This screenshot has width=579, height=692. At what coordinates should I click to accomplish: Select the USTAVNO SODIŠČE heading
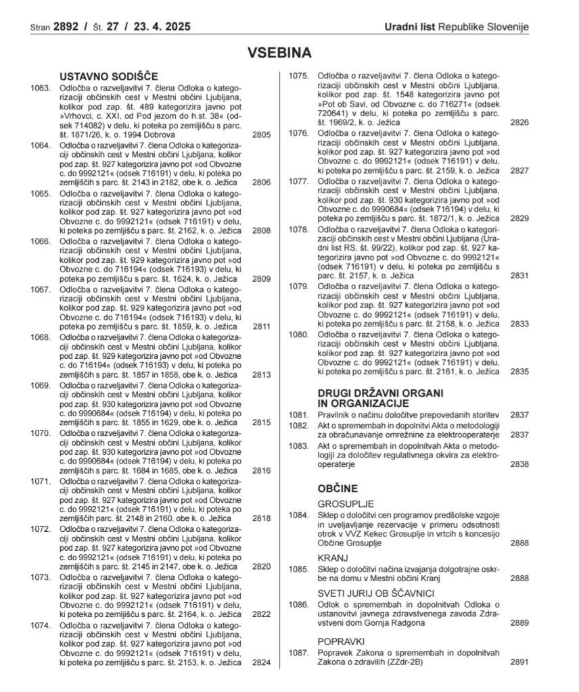point(108,76)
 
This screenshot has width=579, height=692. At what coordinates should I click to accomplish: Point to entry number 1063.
point(41,88)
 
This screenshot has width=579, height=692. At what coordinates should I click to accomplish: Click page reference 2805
point(261,135)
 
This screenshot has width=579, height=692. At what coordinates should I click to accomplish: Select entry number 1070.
point(41,433)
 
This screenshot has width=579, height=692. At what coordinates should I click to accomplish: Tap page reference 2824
point(261,663)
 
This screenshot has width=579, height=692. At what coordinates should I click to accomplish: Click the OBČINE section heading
point(338,488)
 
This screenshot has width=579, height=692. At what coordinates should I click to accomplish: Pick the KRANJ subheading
point(333,558)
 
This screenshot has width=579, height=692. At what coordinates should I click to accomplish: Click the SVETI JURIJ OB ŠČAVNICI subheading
point(375,593)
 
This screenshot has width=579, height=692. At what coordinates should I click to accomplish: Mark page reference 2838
point(519,464)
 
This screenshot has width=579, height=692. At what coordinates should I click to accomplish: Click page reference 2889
point(519,623)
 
